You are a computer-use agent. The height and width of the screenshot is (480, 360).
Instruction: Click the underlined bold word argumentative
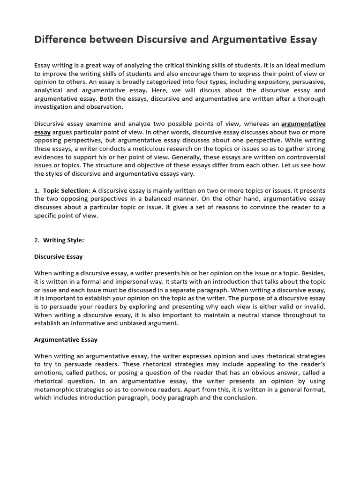coord(303,124)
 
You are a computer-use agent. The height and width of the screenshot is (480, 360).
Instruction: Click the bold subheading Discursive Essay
coord(59,257)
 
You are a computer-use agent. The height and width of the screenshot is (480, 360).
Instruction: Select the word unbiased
coord(132,323)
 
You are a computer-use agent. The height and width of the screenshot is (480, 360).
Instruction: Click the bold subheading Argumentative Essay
coord(66,339)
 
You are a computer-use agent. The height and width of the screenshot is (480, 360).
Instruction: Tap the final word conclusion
coord(239,398)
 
